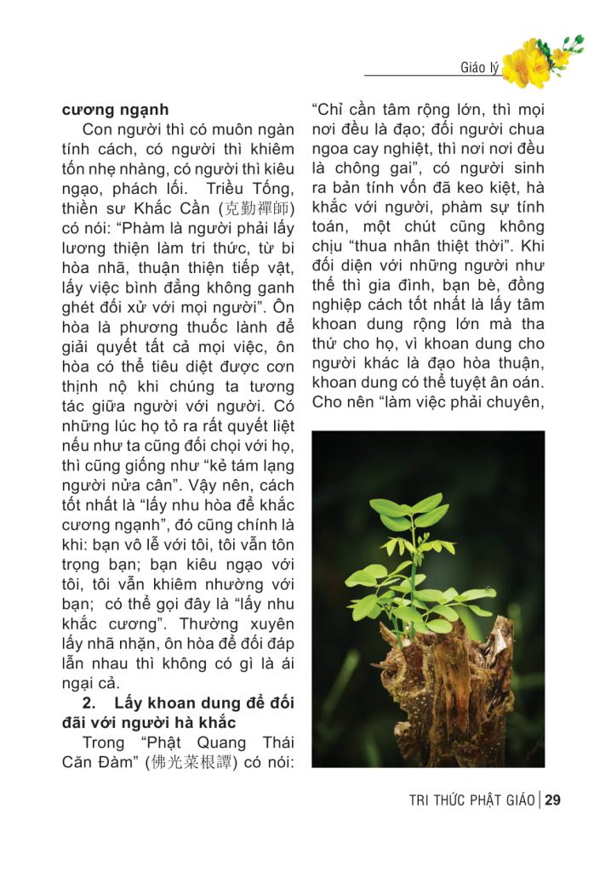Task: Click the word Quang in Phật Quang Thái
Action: tap(204, 742)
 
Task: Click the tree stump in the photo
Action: tap(451, 680)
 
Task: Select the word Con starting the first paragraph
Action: tap(99, 130)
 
